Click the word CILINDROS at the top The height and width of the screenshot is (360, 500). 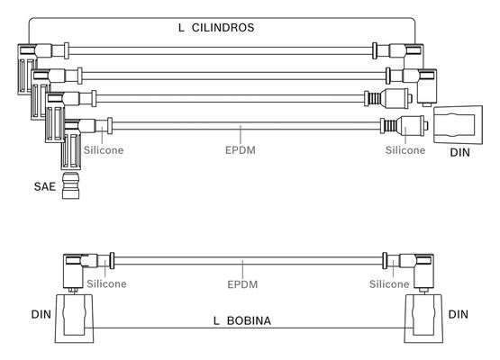223,27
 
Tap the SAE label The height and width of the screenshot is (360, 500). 45,186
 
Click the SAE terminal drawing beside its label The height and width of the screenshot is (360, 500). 70,185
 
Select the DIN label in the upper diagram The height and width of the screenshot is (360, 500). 459,153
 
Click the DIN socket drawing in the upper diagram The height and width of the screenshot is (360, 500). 458,125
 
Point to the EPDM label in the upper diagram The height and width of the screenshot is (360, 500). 241,150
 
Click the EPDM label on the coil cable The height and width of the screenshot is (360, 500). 242,284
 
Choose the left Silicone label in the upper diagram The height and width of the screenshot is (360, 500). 104,150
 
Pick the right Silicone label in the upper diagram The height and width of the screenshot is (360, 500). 405,150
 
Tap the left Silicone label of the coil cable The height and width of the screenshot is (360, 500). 107,283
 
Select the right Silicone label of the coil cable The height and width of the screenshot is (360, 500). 389,283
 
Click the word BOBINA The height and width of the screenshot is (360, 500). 249,320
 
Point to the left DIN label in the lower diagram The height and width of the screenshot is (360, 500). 41,314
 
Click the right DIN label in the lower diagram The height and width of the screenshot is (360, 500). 459,314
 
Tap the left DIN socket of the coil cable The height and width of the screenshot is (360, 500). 74,319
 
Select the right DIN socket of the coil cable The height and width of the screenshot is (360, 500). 423,319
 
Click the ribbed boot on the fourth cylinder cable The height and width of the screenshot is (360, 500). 388,126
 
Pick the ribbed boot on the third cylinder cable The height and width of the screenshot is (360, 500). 373,99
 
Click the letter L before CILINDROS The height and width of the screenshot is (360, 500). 181,27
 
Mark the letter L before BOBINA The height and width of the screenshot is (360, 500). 216,320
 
